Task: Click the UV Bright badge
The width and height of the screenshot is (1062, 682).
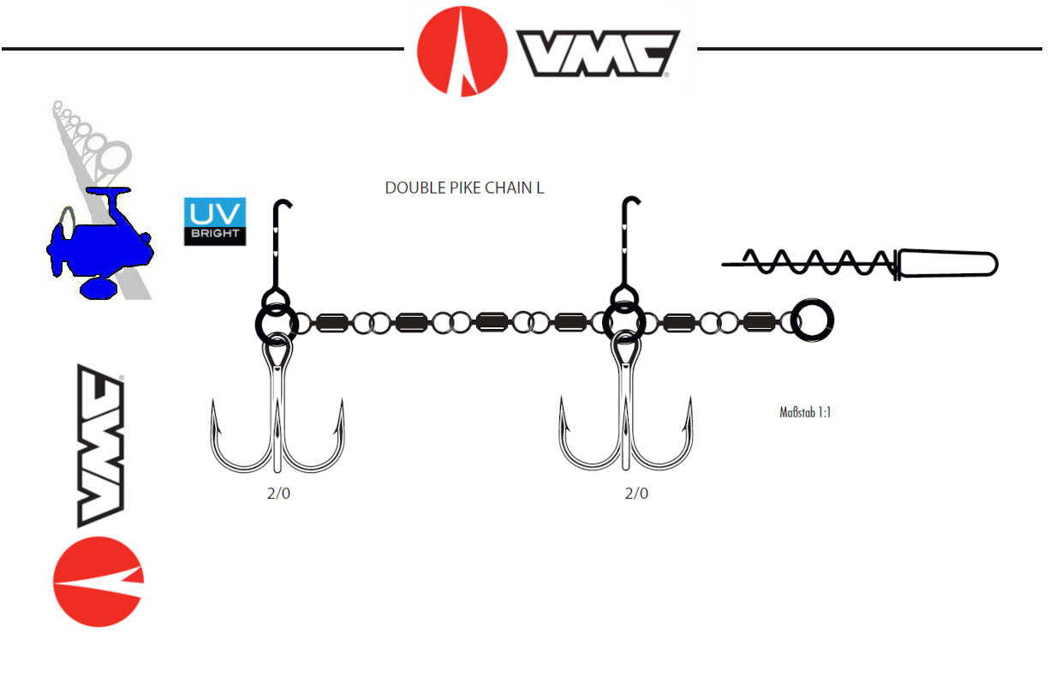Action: point(215,222)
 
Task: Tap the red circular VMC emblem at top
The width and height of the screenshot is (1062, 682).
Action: point(462,51)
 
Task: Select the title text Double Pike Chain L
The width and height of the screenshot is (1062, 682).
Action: point(464,188)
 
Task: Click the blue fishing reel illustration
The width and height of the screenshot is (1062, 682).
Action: point(98,243)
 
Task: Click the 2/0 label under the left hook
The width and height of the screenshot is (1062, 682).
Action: point(279,494)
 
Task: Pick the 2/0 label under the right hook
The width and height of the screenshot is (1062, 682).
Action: point(636,494)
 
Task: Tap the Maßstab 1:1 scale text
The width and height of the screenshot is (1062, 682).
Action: point(805,412)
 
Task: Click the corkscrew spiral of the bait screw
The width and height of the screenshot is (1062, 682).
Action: point(814,260)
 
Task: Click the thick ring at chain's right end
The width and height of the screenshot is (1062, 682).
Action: point(811,322)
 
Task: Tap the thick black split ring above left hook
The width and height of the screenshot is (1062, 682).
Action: point(277,323)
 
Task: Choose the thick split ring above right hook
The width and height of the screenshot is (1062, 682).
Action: point(624,322)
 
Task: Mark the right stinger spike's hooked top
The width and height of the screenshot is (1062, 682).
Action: point(632,203)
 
